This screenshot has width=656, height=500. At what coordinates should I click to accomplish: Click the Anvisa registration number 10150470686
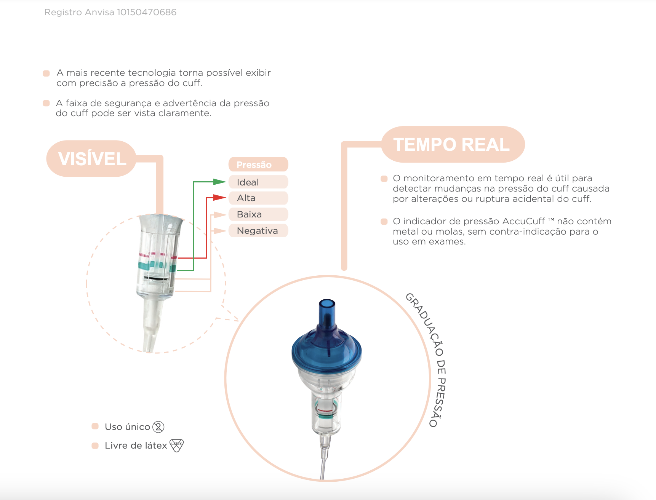147,12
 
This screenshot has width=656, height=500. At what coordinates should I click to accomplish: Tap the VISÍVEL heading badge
91,158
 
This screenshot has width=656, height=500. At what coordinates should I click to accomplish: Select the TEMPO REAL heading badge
453,144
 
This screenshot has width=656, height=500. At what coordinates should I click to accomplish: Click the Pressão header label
258,165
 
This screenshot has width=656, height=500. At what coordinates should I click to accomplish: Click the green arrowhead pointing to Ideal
220,182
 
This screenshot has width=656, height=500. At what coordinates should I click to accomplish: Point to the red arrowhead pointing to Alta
220,197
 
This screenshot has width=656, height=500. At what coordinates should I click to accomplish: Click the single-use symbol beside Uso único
158,427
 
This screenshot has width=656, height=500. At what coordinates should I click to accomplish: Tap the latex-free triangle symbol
176,445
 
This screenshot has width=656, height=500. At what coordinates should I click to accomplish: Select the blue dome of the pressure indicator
326,349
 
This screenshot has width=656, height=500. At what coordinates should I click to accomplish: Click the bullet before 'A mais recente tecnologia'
46,73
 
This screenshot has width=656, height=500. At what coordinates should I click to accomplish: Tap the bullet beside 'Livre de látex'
95,445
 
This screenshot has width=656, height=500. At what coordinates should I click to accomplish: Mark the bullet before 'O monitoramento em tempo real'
384,179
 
